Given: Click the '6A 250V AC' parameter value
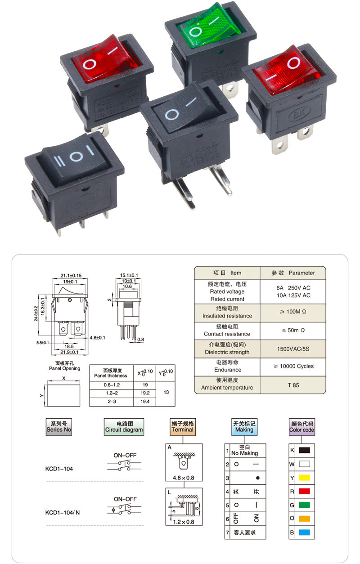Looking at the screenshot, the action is (x=293, y=288).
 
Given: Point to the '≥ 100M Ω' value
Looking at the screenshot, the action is (x=293, y=312).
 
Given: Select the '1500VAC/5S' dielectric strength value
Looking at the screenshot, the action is (x=293, y=349).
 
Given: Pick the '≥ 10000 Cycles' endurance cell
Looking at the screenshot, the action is (x=293, y=366).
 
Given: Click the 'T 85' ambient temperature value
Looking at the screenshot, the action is (x=293, y=385).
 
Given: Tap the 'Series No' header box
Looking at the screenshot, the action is (x=59, y=426).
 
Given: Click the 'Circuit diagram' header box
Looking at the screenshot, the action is (x=124, y=426).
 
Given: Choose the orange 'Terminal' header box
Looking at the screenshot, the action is (x=182, y=426).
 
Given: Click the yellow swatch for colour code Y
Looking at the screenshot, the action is (x=305, y=477).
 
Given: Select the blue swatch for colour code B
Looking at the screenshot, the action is (x=305, y=533).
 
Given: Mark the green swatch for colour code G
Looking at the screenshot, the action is (x=305, y=505).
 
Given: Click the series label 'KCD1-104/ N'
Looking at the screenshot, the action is (x=63, y=513).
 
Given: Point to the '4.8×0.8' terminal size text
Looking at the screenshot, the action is (x=183, y=477).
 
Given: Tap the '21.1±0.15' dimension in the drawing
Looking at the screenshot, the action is (x=71, y=275).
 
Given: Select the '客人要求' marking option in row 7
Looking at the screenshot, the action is (x=245, y=533).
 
